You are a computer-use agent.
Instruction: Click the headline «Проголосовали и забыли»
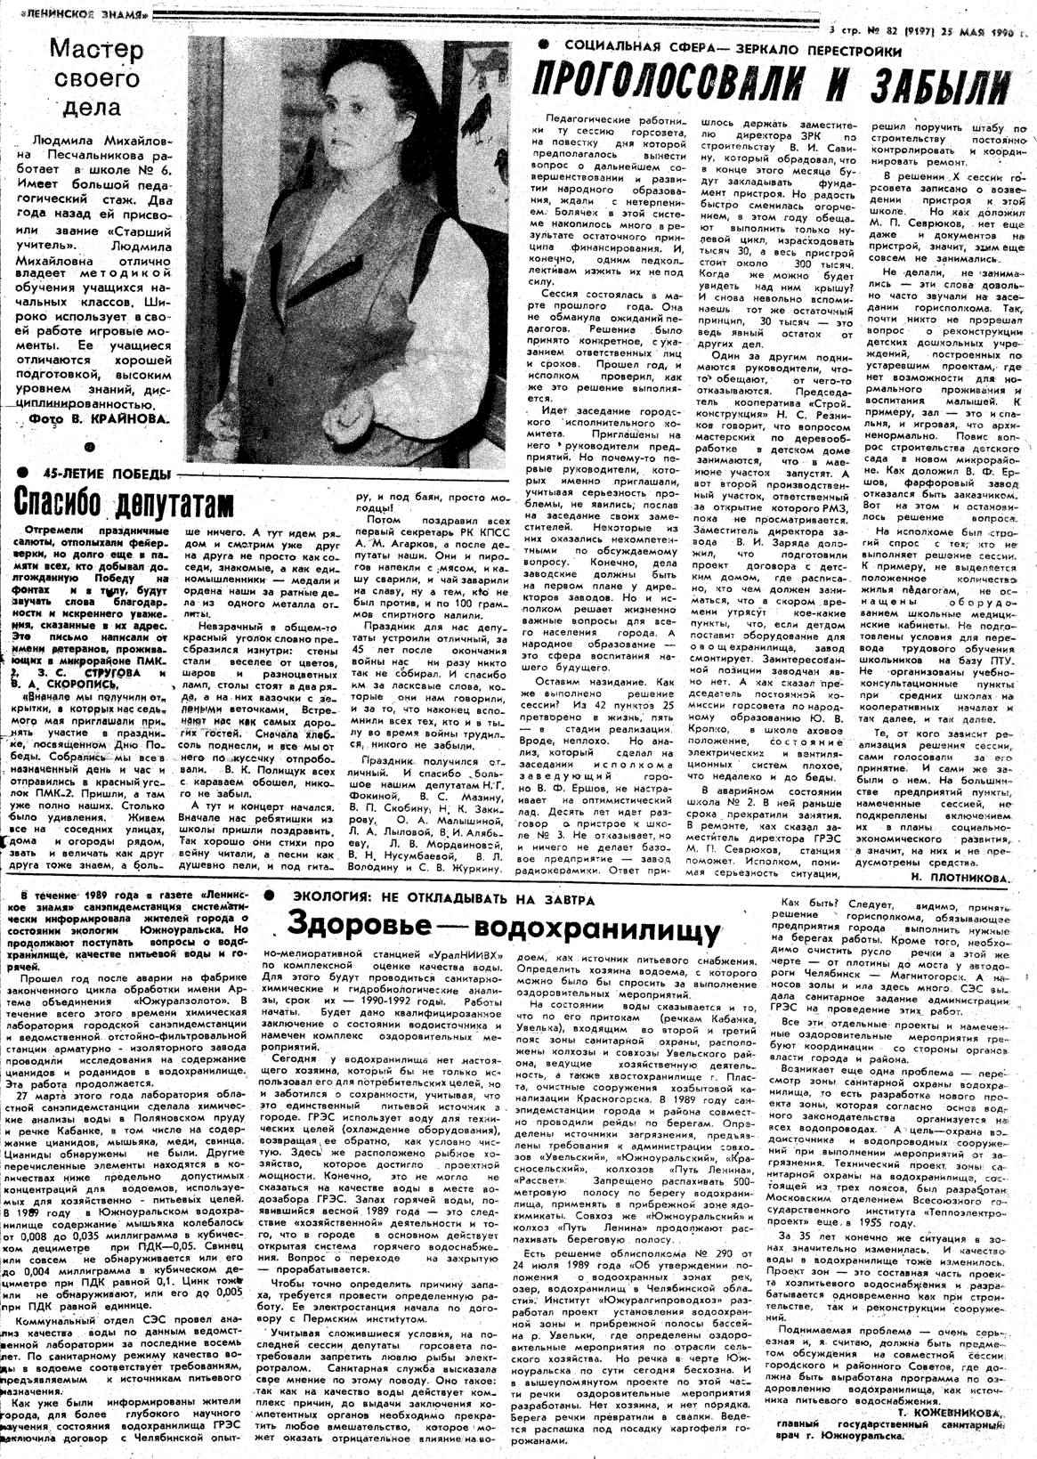point(771,85)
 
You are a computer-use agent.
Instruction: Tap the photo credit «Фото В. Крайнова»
point(98,417)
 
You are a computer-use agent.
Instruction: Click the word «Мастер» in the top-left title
point(96,49)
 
